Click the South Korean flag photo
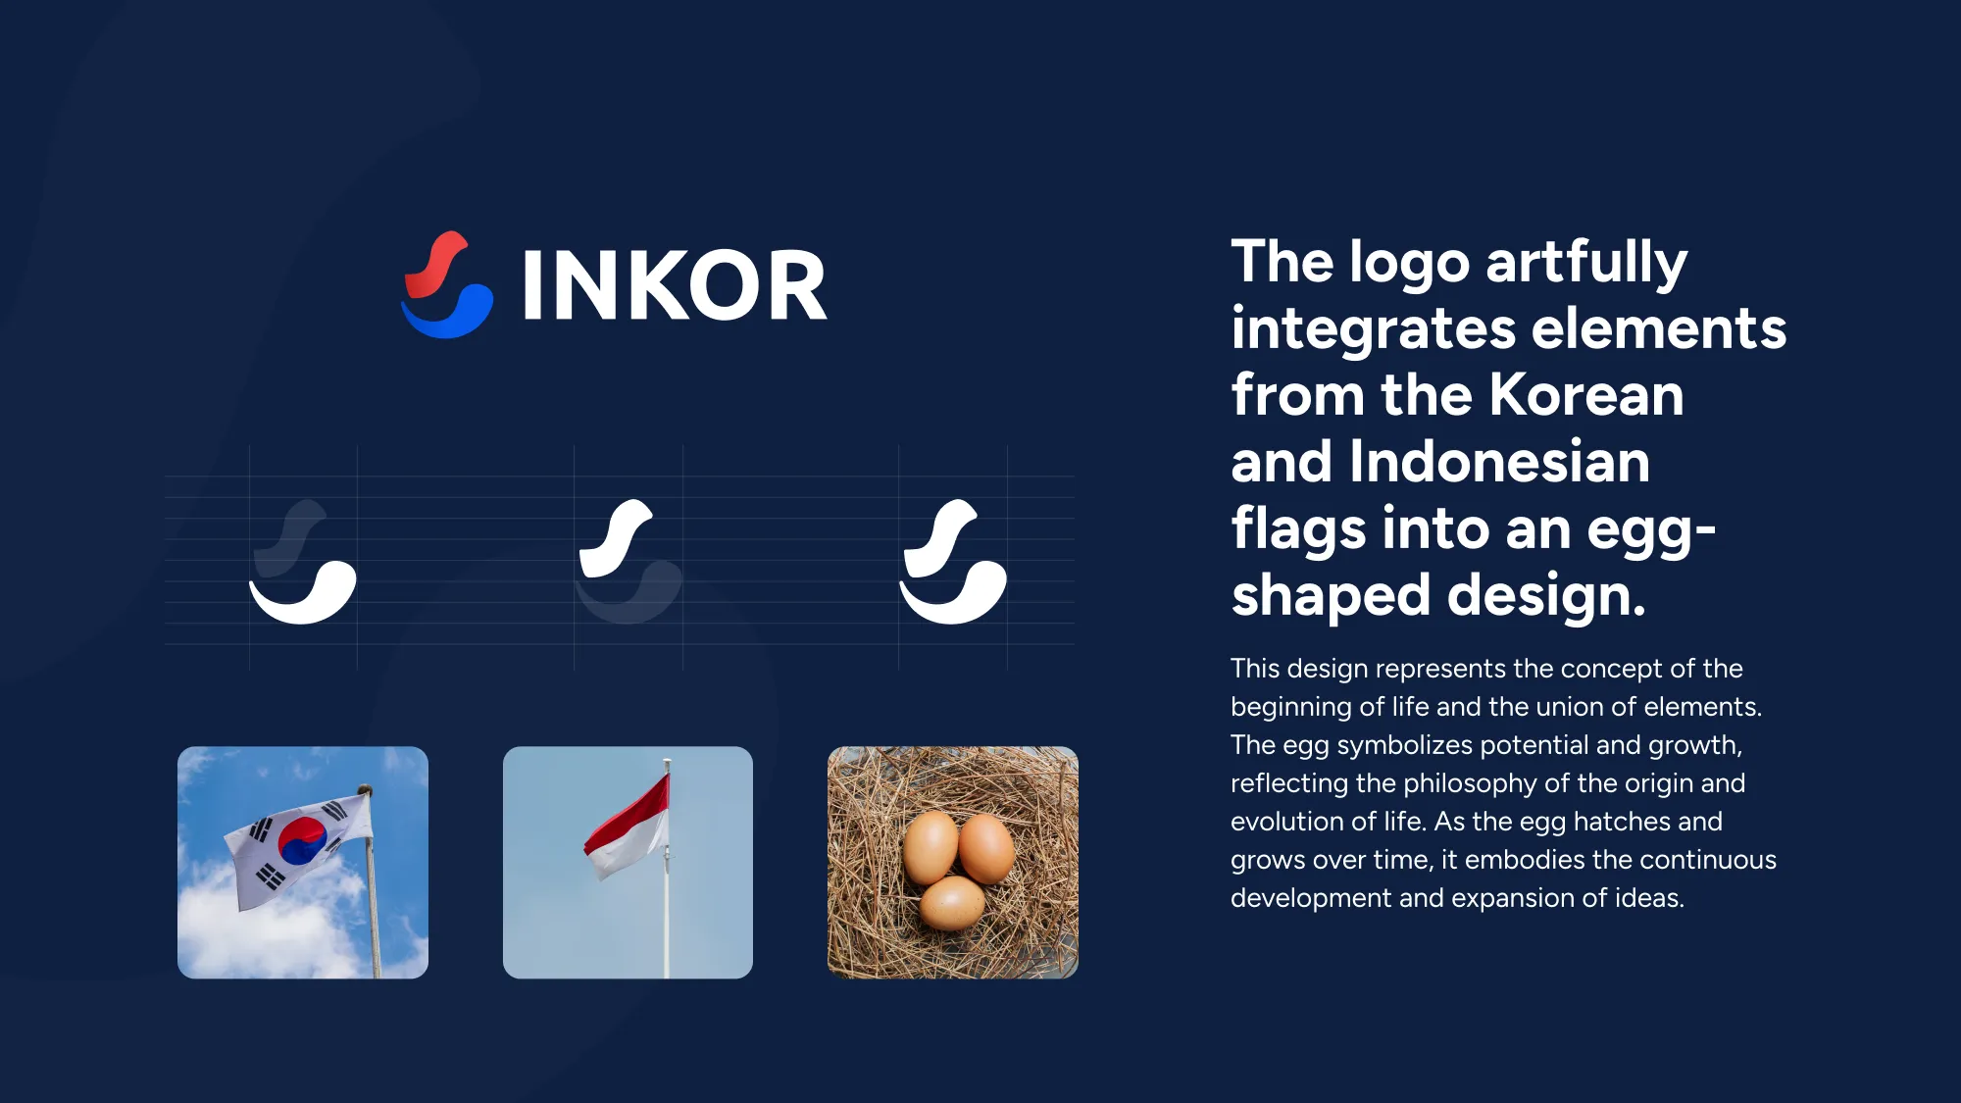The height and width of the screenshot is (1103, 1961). pos(303,863)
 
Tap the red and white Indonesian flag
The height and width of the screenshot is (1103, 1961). pos(629,827)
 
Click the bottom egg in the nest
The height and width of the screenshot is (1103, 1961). pos(952,903)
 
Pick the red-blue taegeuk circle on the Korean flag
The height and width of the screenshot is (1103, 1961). pos(302,839)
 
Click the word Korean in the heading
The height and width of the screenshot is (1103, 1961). pos(1585,394)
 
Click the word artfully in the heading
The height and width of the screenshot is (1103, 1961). pos(1586,265)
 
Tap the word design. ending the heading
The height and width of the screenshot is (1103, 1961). pos(1546,595)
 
